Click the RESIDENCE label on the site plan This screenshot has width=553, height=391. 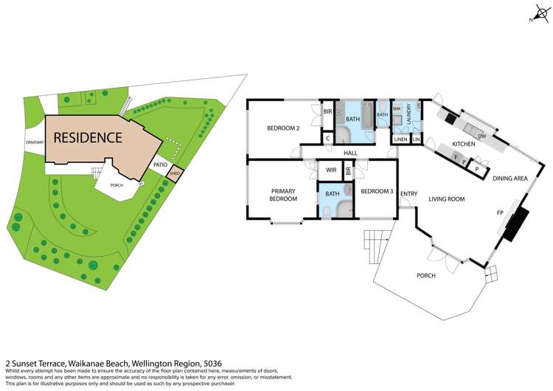point(87,137)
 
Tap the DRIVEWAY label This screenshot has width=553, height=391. point(35,142)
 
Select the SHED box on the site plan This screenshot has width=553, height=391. point(175,174)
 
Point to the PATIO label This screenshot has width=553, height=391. point(160,165)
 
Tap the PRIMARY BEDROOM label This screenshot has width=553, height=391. point(283,195)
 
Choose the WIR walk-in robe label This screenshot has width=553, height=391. point(331,170)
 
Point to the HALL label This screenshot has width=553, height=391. point(350,153)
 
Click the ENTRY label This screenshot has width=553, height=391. point(408,194)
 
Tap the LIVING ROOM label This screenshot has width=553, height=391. point(446,199)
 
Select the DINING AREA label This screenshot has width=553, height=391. point(509,178)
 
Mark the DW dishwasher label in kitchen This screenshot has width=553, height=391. point(481,136)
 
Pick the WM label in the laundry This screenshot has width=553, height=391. point(396,109)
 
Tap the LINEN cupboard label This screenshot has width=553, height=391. point(400,139)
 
